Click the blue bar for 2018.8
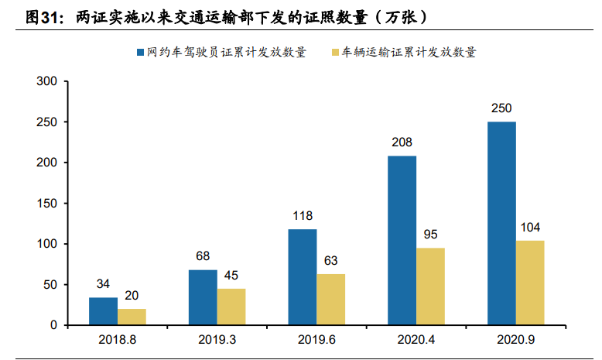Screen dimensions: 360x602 point(103,311)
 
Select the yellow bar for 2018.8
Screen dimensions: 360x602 point(132,317)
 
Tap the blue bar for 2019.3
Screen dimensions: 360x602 point(203,297)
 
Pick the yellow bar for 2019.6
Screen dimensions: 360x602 point(330,300)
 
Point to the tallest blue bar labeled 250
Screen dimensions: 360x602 point(501,223)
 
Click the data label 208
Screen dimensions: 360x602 point(402,142)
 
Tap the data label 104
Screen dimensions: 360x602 point(530,228)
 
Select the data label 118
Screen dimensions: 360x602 point(303,216)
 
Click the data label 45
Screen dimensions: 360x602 point(231,276)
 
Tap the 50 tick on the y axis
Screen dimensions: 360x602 point(50,285)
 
